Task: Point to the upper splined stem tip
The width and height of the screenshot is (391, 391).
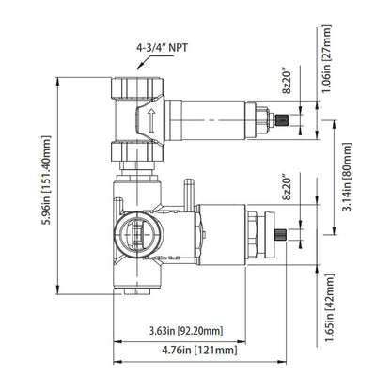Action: [278, 121]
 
